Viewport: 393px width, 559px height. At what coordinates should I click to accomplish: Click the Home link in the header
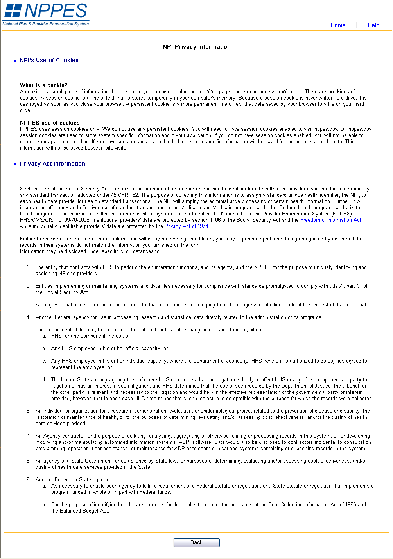click(x=338, y=25)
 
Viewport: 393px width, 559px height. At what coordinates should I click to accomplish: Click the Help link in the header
click(x=373, y=25)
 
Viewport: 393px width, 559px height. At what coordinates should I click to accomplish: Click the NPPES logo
click(x=46, y=11)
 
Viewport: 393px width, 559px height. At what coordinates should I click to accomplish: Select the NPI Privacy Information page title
click(x=196, y=47)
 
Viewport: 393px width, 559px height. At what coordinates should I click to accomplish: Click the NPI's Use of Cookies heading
click(x=49, y=60)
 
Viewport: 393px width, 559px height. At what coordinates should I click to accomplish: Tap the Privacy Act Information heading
click(x=52, y=164)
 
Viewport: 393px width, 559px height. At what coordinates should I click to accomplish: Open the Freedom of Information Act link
click(x=330, y=220)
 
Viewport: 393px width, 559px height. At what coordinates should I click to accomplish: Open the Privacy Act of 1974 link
click(x=186, y=226)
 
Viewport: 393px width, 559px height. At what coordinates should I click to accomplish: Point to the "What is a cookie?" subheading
click(x=44, y=85)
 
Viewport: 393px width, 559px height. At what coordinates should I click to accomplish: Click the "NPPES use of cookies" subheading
click(x=50, y=123)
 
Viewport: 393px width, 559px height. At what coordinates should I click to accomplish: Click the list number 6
click(x=28, y=411)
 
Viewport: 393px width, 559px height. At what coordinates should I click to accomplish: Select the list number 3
click(x=28, y=305)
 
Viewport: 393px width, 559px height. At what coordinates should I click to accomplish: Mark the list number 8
click(x=28, y=461)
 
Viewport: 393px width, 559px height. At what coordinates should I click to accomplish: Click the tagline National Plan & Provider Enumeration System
click(x=46, y=24)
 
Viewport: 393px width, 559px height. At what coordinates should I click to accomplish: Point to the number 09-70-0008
click(x=77, y=220)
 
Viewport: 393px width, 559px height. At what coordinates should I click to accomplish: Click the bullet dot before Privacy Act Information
click(x=15, y=164)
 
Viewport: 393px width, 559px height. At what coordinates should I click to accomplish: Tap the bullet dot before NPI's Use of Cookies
click(x=15, y=61)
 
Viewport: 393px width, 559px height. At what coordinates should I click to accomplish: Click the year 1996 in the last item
click(x=351, y=505)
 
